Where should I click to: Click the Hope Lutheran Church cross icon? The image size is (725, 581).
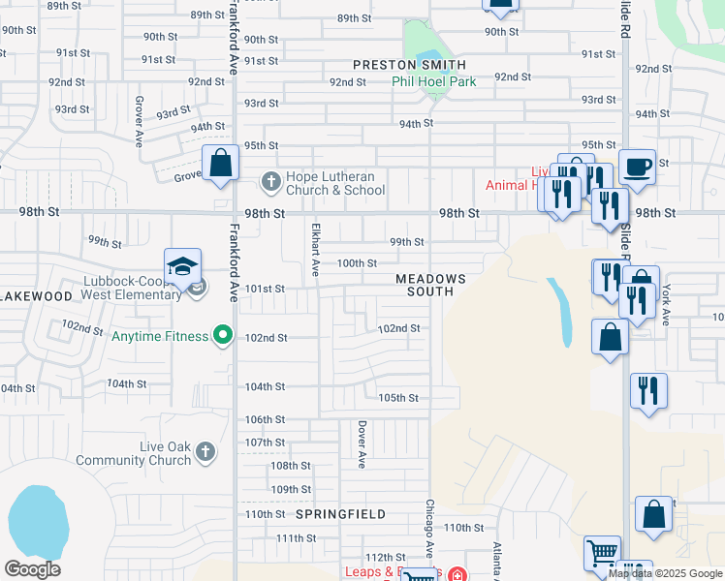[x=270, y=181]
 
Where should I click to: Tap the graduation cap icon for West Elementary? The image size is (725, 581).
[x=182, y=267]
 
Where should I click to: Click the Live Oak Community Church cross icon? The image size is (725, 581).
[x=205, y=452]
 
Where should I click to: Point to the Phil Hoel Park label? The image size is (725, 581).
[x=433, y=82]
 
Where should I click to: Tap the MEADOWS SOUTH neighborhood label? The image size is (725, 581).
[x=430, y=285]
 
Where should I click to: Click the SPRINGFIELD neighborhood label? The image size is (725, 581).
[x=340, y=514]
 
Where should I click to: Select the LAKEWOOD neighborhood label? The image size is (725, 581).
[x=37, y=295]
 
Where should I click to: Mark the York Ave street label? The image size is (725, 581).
[x=666, y=304]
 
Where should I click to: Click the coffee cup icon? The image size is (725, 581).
[x=637, y=167]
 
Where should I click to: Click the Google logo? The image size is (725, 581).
[x=32, y=569]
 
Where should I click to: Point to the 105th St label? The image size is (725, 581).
[x=397, y=398]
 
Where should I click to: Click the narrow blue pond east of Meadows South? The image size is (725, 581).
[x=560, y=312]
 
